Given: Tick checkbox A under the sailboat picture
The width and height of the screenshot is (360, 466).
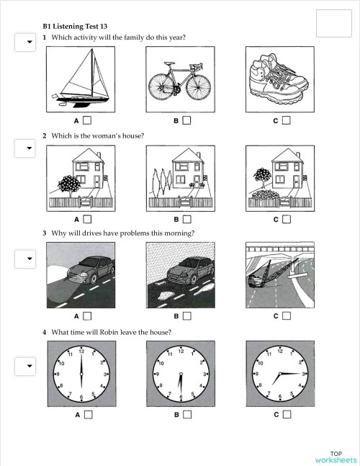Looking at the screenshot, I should coord(87,120).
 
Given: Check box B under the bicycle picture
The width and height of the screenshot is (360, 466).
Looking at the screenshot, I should coord(186,120).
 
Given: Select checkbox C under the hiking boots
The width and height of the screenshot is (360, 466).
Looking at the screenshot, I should coord(286,120).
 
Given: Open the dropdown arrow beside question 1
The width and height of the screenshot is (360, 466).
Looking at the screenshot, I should coord(29,42).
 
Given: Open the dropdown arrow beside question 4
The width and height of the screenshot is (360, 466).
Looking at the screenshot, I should coord(29,367).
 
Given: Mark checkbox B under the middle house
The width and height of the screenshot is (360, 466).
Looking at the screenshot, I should coord(186,218).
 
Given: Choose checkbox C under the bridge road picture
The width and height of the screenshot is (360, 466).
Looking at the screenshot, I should coord(286,315).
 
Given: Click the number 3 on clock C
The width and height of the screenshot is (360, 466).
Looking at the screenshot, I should coord(304,375).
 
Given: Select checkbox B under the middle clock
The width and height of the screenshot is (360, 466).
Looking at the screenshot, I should coord(186,414).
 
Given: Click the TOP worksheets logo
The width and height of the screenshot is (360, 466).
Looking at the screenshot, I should coord(335,456).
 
